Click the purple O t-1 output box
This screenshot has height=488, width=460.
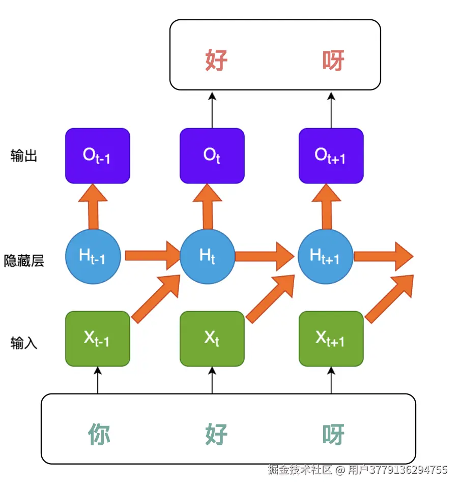(98, 156)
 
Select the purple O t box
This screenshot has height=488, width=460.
(212, 156)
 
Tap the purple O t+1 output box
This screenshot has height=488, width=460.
(331, 156)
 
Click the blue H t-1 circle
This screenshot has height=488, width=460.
(93, 256)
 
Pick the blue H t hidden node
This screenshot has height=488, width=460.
(208, 256)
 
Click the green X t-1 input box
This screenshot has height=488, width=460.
(98, 339)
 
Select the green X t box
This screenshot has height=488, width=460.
(212, 339)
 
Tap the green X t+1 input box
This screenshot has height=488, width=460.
(331, 339)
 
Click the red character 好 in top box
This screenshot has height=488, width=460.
(216, 60)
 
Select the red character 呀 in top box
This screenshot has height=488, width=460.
(333, 60)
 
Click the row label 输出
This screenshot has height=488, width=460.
(24, 156)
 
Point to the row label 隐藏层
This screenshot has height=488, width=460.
(24, 261)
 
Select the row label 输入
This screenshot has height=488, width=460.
(24, 343)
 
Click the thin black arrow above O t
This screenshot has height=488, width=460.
(212, 109)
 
